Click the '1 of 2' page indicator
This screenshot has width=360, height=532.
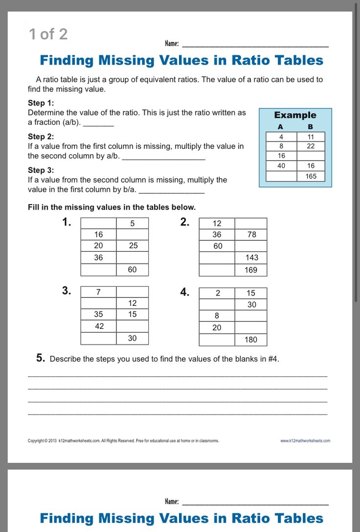(48, 34)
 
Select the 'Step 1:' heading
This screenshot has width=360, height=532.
(41, 103)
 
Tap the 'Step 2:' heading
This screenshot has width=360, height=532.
(41, 137)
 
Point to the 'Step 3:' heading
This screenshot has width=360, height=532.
(41, 170)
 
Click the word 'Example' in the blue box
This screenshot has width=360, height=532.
(295, 115)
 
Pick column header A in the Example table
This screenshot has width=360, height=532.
(280, 127)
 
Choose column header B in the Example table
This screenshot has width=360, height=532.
(310, 127)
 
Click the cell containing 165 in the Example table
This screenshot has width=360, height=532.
(311, 176)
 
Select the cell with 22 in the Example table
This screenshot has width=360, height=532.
(311, 146)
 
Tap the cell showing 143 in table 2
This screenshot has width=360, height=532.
(251, 257)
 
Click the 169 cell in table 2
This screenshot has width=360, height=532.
(251, 270)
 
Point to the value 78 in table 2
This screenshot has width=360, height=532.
(251, 234)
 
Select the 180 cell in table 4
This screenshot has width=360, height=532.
(251, 340)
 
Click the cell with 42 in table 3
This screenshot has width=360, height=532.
(99, 326)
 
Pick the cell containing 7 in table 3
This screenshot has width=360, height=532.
(98, 292)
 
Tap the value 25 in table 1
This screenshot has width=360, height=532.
(133, 245)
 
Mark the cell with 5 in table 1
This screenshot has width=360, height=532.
(132, 224)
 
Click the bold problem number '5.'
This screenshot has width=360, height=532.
(41, 358)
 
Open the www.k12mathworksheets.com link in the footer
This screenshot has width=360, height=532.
(305, 441)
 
